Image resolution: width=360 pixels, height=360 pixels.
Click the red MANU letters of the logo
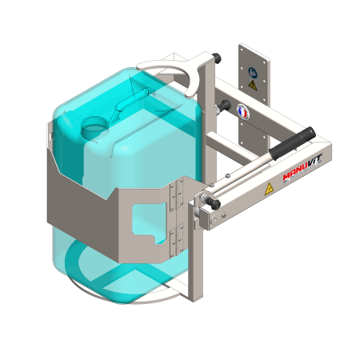pos(294,174)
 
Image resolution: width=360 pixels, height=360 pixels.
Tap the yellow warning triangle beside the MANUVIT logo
pos(269,189)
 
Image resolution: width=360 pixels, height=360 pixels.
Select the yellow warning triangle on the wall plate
pos(253,86)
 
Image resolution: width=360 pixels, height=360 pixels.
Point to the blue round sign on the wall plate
pos(253,73)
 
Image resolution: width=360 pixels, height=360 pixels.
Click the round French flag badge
pos(242,112)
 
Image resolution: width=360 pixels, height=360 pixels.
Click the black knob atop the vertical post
pos(217,58)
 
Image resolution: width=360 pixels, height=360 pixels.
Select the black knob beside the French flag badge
pos(223,106)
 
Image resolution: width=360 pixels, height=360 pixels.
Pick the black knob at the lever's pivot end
pos(214,204)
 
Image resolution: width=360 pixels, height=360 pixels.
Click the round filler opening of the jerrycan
pos(94,126)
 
